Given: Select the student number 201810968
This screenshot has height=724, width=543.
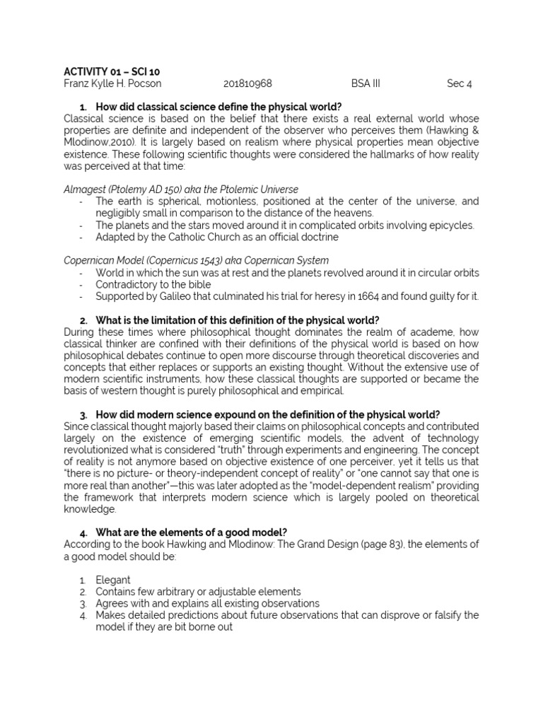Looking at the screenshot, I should click(247, 83).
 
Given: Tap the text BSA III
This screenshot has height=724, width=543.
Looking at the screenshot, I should click(365, 83).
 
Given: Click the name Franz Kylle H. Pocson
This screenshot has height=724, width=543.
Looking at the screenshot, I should click(112, 83).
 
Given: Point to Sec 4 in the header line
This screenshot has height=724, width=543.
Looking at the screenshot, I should click(459, 83).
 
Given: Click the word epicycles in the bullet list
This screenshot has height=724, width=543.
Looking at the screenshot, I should click(452, 225).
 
